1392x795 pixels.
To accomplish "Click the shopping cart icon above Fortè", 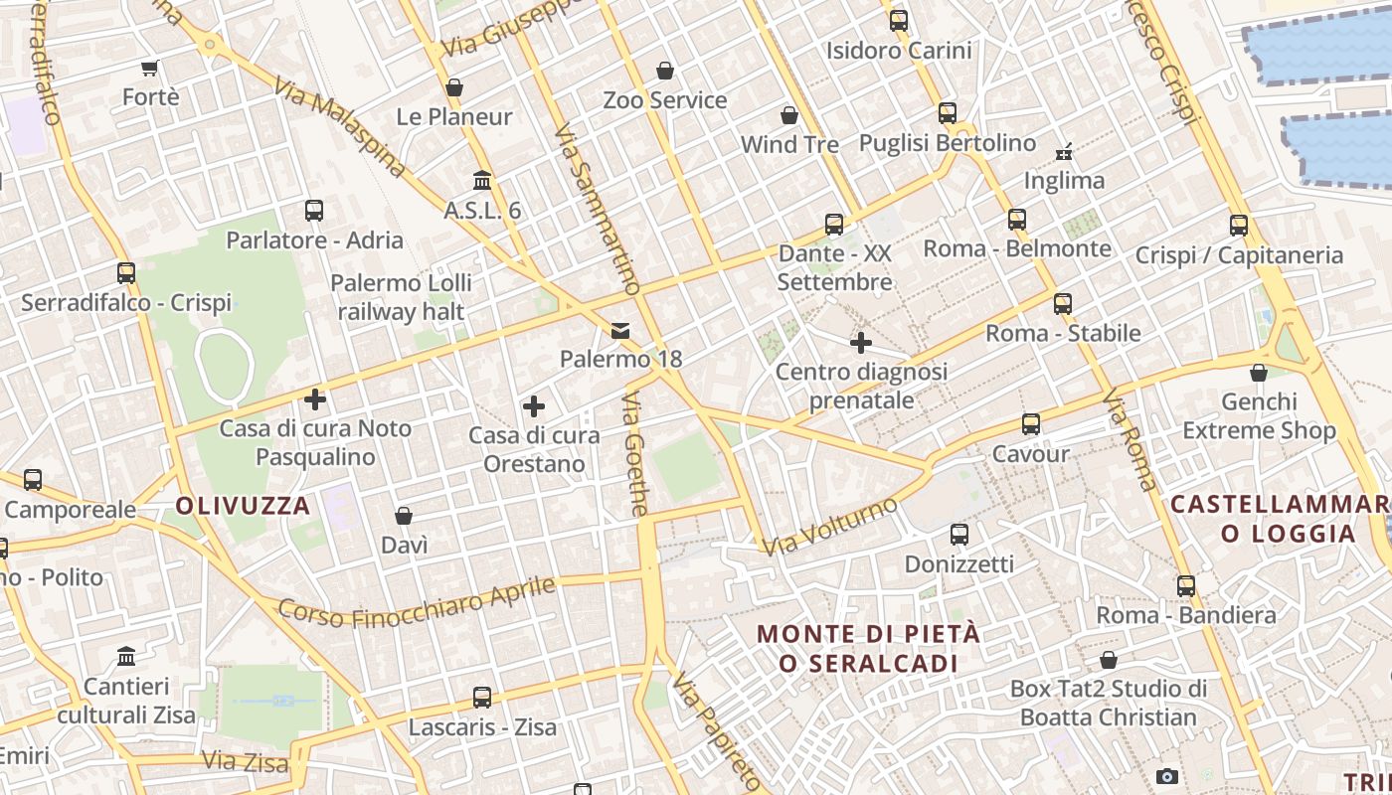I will [x=149, y=69].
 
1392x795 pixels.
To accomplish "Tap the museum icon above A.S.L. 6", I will [x=482, y=181].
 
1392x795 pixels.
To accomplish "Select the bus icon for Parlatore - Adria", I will [x=314, y=211].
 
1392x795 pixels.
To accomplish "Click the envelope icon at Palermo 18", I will [x=620, y=330].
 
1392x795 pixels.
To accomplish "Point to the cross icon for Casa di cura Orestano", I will [x=534, y=406].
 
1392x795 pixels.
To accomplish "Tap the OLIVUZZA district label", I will [x=243, y=506].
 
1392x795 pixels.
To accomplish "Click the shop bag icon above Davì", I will [x=404, y=516].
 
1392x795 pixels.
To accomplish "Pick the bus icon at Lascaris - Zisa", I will [x=482, y=698].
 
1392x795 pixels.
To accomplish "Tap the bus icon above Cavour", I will [x=1031, y=424].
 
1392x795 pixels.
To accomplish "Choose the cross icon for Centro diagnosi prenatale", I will [x=861, y=344].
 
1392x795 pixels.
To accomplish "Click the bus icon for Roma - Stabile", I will [x=1063, y=304].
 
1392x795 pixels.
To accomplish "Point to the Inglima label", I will [x=1065, y=181].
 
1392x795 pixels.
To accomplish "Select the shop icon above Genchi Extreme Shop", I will [x=1259, y=373].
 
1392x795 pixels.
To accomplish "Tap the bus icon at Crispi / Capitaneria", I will [x=1239, y=226].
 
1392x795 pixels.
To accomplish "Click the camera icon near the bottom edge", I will [x=1167, y=776].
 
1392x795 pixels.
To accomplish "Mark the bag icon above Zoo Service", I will [x=665, y=71].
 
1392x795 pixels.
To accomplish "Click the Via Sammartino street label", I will [x=596, y=210].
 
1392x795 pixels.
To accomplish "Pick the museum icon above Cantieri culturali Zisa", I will [x=126, y=657].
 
